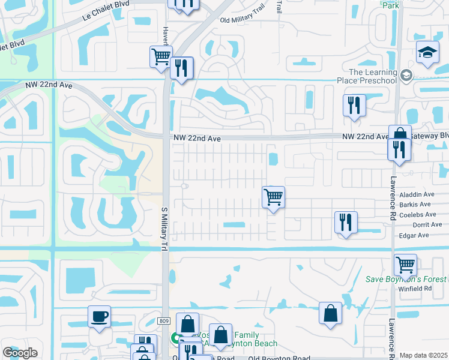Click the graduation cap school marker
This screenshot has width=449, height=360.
coord(427,53)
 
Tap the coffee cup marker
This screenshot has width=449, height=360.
coord(99,316)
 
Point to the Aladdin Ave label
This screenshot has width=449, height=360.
coord(417,194)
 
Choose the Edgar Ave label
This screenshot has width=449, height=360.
coord(414,235)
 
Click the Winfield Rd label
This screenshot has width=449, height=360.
coord(415,289)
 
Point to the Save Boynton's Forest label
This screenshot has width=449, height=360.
coord(406,280)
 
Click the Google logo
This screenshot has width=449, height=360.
coord(20,352)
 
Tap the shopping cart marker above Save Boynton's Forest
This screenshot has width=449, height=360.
coord(406,264)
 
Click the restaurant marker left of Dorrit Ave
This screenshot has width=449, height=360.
coord(345,222)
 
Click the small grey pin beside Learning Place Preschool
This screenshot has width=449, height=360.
coord(406,75)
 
